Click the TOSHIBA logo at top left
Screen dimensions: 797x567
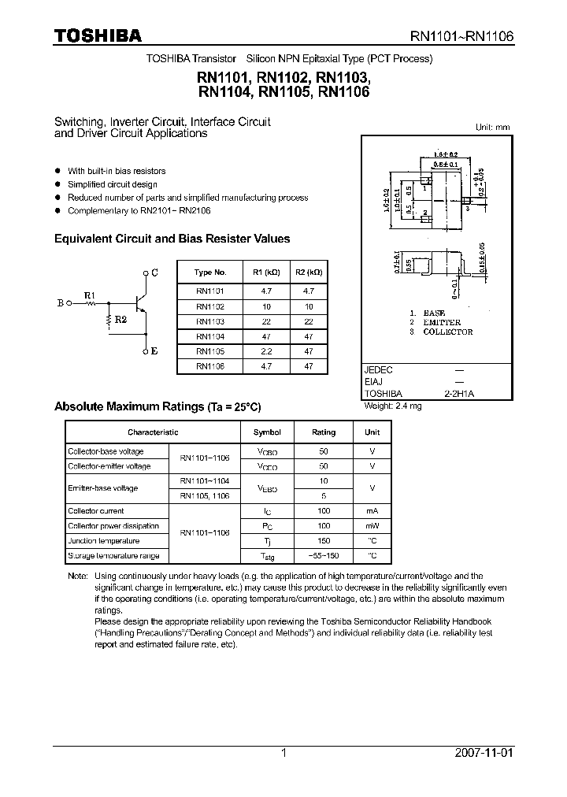(98, 35)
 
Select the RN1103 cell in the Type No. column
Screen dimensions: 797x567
(210, 321)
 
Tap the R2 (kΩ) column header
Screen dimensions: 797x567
(308, 272)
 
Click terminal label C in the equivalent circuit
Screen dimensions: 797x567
(154, 272)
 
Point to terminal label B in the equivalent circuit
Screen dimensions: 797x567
(61, 302)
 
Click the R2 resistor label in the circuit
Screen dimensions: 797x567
(120, 319)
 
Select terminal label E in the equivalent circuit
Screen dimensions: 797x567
(154, 351)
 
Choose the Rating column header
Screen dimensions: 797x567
(324, 432)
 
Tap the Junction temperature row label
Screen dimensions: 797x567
(104, 541)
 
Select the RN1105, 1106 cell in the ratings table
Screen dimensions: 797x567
(204, 496)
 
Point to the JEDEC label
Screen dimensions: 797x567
(379, 369)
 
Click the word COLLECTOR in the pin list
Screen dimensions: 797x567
(447, 332)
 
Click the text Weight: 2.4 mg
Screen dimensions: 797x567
(393, 406)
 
